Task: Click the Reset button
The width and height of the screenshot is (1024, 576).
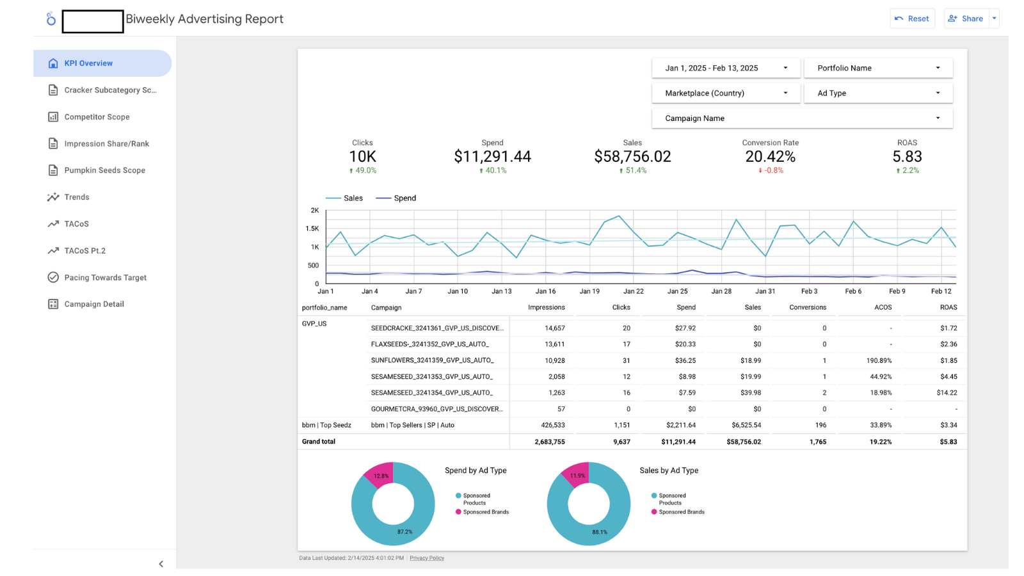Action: point(912,19)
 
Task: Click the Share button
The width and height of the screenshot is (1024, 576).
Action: point(966,19)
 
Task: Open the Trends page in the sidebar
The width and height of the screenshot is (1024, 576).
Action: point(77,197)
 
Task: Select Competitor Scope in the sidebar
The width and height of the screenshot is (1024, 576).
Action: point(97,117)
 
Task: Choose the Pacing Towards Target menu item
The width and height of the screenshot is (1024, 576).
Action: point(105,278)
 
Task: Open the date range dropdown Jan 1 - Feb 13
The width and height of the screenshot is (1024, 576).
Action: point(726,68)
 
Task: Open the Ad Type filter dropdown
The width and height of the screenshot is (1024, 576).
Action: point(878,93)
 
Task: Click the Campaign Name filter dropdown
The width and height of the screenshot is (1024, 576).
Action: point(802,118)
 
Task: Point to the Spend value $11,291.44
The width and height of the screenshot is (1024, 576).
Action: point(492,157)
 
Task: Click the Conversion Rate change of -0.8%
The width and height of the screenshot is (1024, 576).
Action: point(771,171)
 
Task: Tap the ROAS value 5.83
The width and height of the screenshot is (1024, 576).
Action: point(907,157)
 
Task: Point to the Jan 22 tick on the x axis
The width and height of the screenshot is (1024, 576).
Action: point(634,291)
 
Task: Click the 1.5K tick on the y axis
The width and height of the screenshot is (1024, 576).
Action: point(312,228)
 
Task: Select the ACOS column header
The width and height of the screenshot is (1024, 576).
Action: point(883,308)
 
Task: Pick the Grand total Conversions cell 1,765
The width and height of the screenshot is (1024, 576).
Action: point(817,442)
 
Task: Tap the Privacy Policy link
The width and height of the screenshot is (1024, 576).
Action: point(427,558)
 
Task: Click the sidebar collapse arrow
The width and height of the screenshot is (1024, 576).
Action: point(161,564)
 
